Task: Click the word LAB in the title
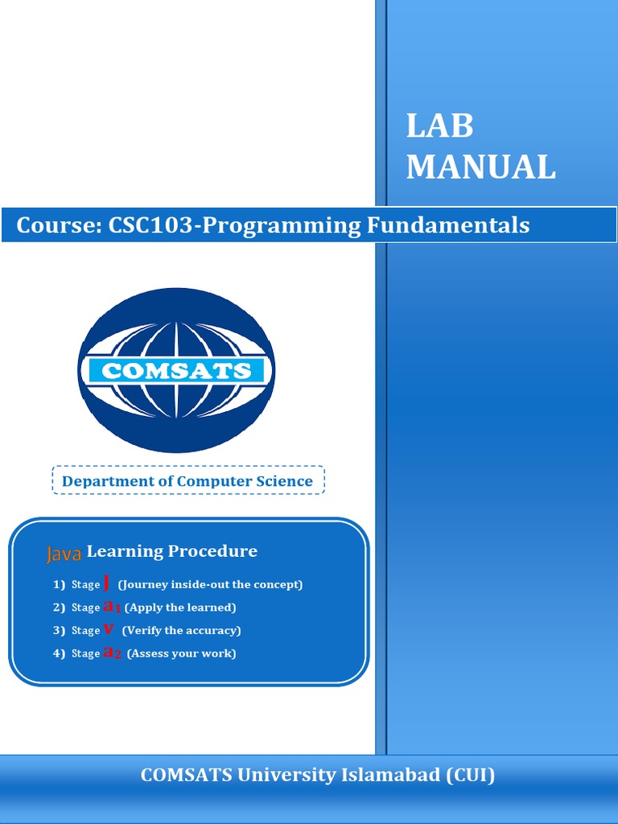point(439,126)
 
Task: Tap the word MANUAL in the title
point(480,167)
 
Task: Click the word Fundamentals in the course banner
point(448,225)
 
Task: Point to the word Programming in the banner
point(282,225)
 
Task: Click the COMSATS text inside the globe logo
point(176,371)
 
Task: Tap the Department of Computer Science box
point(187,481)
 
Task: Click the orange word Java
point(64,554)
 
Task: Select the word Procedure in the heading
point(212,551)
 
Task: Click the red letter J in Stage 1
point(107,583)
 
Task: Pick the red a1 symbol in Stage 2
point(112,607)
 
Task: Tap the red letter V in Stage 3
point(109,629)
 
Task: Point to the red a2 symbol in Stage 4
point(113,653)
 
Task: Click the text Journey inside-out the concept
point(210,585)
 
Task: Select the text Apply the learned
point(180,608)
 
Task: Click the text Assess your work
point(181,653)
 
